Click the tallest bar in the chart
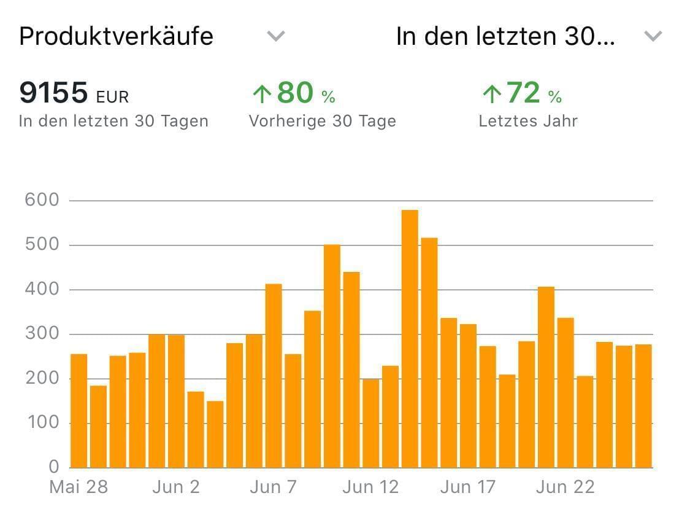[410, 339]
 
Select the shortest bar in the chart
[215, 434]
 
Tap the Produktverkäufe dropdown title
[117, 36]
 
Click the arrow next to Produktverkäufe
[276, 36]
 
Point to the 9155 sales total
[54, 93]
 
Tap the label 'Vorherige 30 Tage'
[322, 121]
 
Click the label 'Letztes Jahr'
[528, 121]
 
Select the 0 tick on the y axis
[54, 467]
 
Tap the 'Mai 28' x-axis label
[79, 487]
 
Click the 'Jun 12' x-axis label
[370, 487]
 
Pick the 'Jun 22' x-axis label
[565, 487]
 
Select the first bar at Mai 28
[79, 411]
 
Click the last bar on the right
[643, 406]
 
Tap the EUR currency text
[112, 97]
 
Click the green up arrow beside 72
[491, 95]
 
